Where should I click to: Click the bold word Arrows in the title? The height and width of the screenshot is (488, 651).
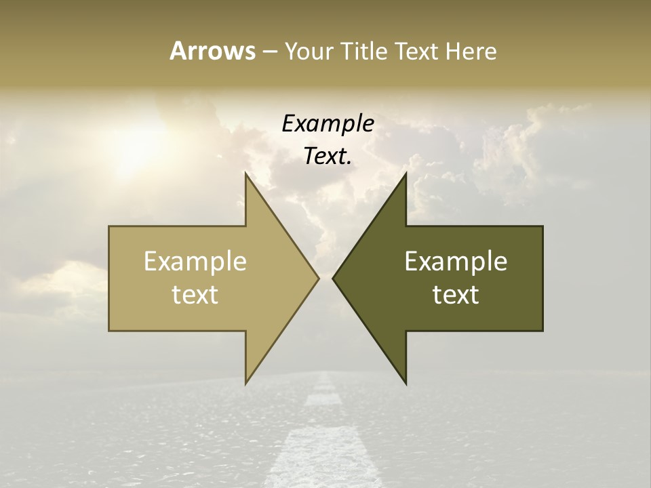[x=212, y=51]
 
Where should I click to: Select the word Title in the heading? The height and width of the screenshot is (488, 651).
[x=363, y=52]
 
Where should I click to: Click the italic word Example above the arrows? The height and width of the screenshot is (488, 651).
[x=328, y=124]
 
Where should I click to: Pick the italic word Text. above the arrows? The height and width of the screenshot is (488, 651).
[x=328, y=156]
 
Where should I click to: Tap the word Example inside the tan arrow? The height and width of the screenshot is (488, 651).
[x=195, y=261]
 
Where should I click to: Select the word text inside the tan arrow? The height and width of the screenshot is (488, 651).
[x=195, y=294]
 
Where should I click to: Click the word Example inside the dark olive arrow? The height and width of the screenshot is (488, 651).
[x=456, y=261]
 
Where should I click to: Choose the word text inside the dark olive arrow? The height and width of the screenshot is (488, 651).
[x=456, y=294]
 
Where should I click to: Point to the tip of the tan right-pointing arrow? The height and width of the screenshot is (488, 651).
[x=318, y=278]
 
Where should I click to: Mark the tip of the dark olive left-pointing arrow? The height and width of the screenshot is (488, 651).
[x=333, y=278]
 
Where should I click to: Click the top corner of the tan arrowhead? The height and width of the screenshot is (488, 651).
[x=246, y=174]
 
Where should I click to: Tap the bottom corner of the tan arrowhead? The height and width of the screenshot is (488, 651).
[x=246, y=384]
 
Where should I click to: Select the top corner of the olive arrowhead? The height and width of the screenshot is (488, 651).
[x=406, y=174]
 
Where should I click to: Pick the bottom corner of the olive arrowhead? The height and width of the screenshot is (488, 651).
[x=406, y=384]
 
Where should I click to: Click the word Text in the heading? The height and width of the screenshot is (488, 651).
[x=416, y=52]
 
